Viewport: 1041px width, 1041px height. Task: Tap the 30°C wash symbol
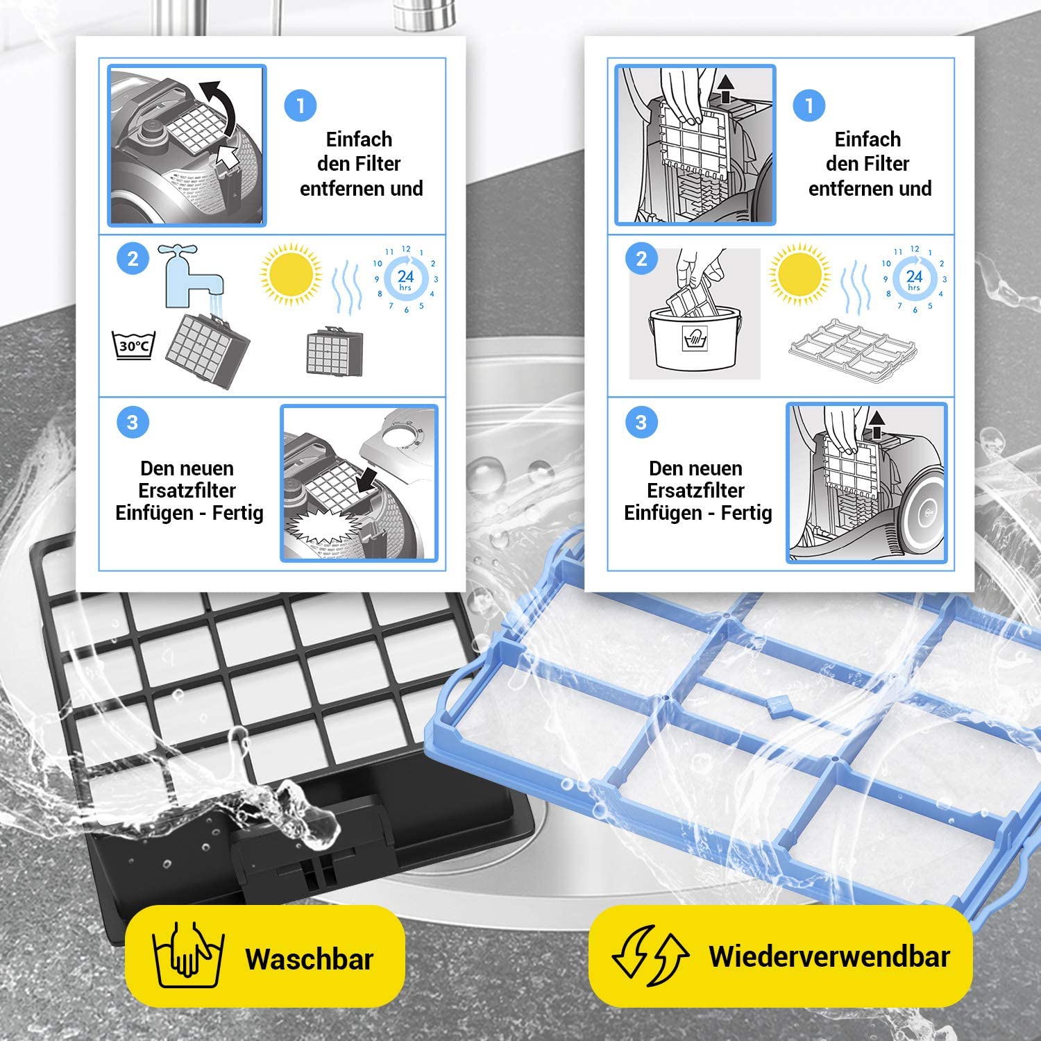point(133,345)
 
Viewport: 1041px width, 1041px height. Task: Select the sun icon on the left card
point(290,274)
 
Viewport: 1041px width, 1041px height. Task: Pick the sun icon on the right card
point(799,274)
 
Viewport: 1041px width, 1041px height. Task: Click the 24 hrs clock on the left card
point(405,279)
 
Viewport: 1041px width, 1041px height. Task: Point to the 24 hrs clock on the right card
point(914,279)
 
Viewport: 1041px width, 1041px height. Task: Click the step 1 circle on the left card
point(301,105)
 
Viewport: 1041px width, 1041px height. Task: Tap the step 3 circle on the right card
point(641,422)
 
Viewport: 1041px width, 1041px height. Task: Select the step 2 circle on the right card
point(641,260)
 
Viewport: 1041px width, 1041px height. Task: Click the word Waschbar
point(310,959)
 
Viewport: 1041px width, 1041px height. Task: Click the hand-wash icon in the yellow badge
point(187,955)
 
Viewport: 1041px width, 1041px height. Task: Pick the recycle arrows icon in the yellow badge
point(650,956)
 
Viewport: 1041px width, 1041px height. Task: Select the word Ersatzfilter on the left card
point(187,490)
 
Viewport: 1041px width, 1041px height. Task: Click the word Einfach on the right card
point(867,139)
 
